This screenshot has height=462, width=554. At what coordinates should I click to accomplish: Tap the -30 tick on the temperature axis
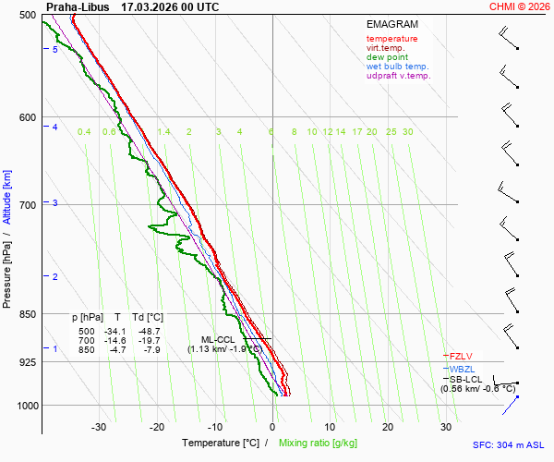tap(99, 427)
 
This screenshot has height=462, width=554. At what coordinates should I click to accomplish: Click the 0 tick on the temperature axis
tap(272, 427)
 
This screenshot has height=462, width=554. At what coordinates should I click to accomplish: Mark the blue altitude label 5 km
tap(55, 50)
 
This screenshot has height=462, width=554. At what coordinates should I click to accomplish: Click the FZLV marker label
tap(463, 356)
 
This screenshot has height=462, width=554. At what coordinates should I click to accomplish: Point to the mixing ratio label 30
tap(407, 132)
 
